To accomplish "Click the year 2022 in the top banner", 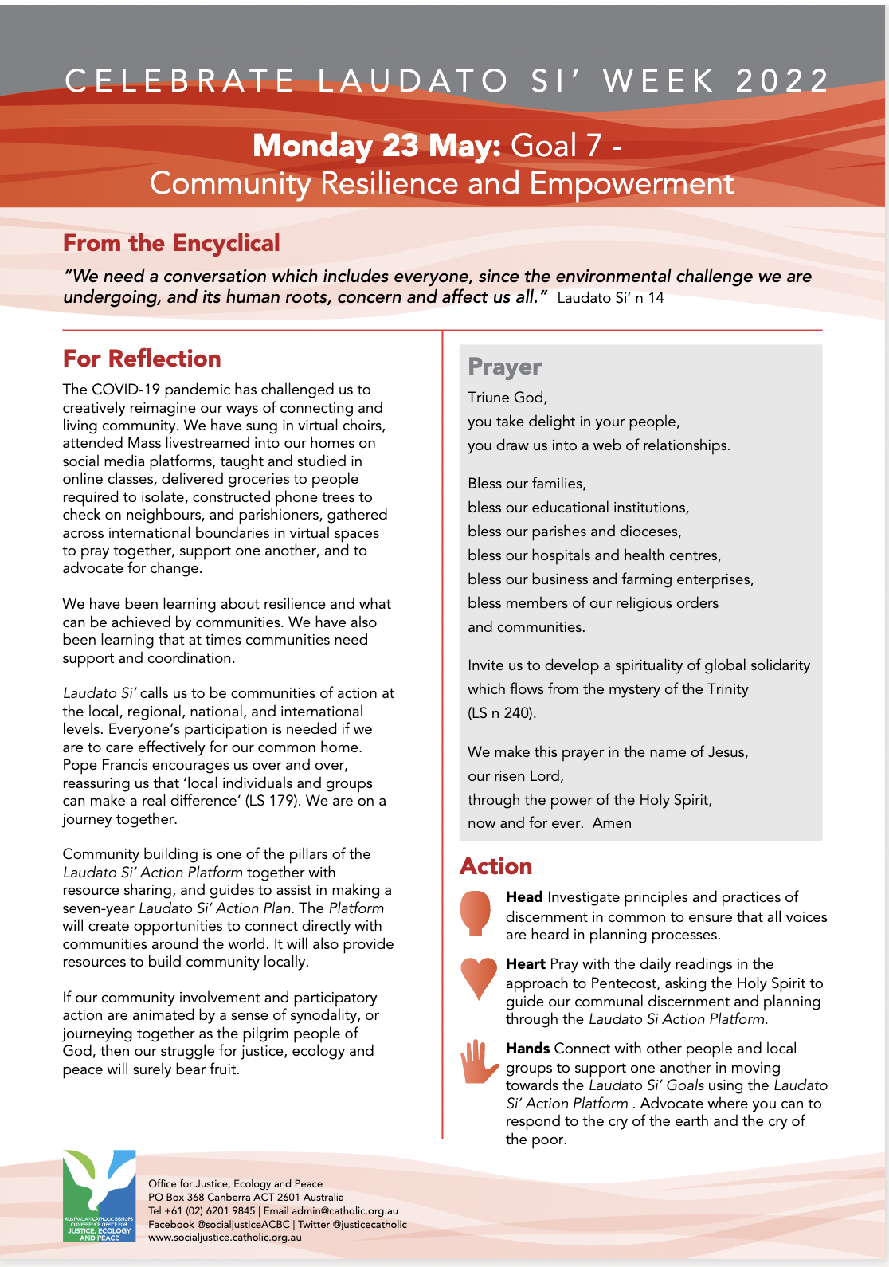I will pyautogui.click(x=782, y=81).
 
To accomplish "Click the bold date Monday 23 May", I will pyautogui.click(x=376, y=146).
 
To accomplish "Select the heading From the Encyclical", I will pyautogui.click(x=171, y=243).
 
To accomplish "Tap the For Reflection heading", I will pyautogui.click(x=142, y=359).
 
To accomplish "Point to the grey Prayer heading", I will pyautogui.click(x=504, y=367).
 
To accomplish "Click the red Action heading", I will pyautogui.click(x=495, y=866).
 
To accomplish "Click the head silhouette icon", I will pyautogui.click(x=476, y=912).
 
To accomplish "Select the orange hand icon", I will pyautogui.click(x=479, y=1061).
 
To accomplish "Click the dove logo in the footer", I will pyautogui.click(x=100, y=1194).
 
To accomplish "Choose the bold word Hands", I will pyautogui.click(x=527, y=1049).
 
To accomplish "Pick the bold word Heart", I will pyautogui.click(x=525, y=964).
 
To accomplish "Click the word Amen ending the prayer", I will pyautogui.click(x=612, y=823).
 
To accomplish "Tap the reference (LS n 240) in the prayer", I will pyautogui.click(x=502, y=713).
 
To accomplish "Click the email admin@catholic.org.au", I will pyautogui.click(x=344, y=1211).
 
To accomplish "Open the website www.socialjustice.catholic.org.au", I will pyautogui.click(x=225, y=1238).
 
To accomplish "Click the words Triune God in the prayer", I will pyautogui.click(x=507, y=398).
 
